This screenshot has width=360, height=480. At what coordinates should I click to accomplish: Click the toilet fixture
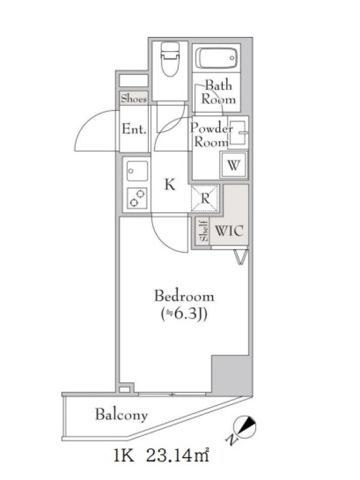(170, 59)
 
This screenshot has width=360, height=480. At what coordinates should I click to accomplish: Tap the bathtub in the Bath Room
(217, 58)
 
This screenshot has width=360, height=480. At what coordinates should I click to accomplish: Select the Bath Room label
(218, 92)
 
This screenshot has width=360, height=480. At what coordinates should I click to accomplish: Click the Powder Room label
(211, 135)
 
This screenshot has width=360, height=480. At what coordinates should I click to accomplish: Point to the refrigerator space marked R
(205, 199)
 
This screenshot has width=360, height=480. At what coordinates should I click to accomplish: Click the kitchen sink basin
(137, 171)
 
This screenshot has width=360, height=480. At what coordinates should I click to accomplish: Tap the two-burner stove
(137, 198)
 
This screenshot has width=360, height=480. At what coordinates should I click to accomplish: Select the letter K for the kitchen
(170, 185)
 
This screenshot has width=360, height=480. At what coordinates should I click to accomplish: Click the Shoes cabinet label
(134, 98)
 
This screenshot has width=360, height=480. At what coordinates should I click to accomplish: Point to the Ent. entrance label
(134, 129)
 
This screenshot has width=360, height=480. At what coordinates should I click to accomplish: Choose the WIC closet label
(229, 230)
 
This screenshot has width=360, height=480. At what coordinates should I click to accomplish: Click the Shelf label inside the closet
(204, 230)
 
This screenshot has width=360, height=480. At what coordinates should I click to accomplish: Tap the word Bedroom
(184, 296)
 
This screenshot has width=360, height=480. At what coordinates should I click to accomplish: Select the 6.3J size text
(184, 314)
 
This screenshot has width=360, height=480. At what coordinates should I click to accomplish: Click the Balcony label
(122, 415)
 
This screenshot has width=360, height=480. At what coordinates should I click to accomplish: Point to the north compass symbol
(245, 427)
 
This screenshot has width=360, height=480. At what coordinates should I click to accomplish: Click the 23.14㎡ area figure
(178, 455)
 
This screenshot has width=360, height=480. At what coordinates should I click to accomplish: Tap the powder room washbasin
(238, 133)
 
